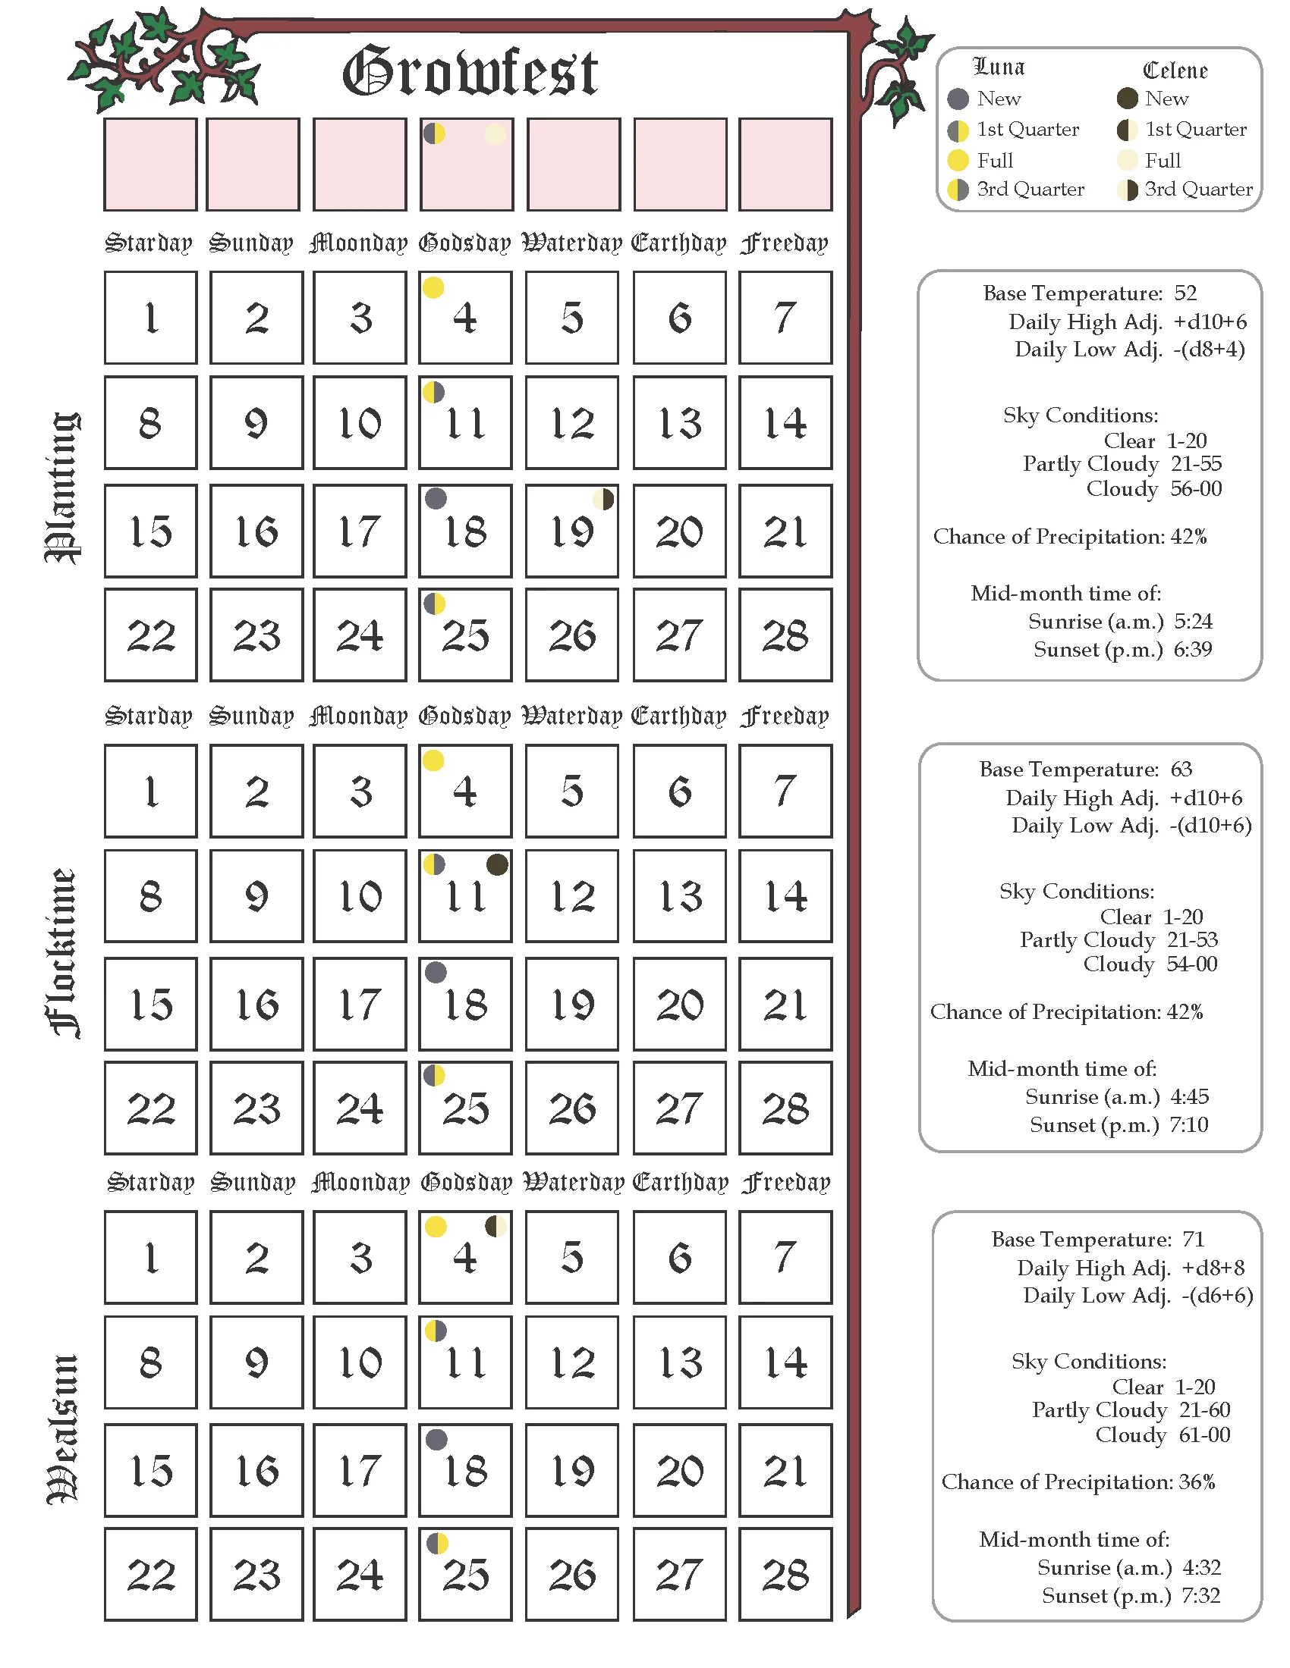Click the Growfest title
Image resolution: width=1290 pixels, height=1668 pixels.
[x=469, y=72]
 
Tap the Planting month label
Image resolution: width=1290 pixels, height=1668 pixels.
[x=63, y=488]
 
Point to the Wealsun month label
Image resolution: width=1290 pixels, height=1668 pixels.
[x=63, y=1429]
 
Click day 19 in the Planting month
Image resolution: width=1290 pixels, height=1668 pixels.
[x=571, y=531]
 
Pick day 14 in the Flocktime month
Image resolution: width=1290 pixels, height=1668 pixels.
[x=785, y=896]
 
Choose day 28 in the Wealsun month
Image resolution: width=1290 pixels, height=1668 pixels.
[x=785, y=1575]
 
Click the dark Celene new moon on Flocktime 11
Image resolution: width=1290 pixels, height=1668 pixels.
[x=497, y=864]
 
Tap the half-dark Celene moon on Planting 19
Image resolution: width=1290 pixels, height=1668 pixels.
[x=604, y=500]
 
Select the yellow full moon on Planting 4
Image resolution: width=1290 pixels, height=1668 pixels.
[x=433, y=288]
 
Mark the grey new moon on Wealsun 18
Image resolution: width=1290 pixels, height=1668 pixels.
[x=436, y=1440]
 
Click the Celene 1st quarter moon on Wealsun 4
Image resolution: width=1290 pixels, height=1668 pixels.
[x=496, y=1227]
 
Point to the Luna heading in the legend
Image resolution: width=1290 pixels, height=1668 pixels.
[x=999, y=67]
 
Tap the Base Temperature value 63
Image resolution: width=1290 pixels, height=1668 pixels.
[x=1181, y=769]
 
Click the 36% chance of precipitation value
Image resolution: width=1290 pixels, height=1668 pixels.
[x=1197, y=1481]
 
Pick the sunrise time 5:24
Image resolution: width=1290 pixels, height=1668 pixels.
[x=1193, y=621]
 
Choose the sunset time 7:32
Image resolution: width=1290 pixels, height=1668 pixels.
[x=1201, y=1595]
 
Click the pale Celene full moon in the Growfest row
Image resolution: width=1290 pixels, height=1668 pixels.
[x=496, y=133]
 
